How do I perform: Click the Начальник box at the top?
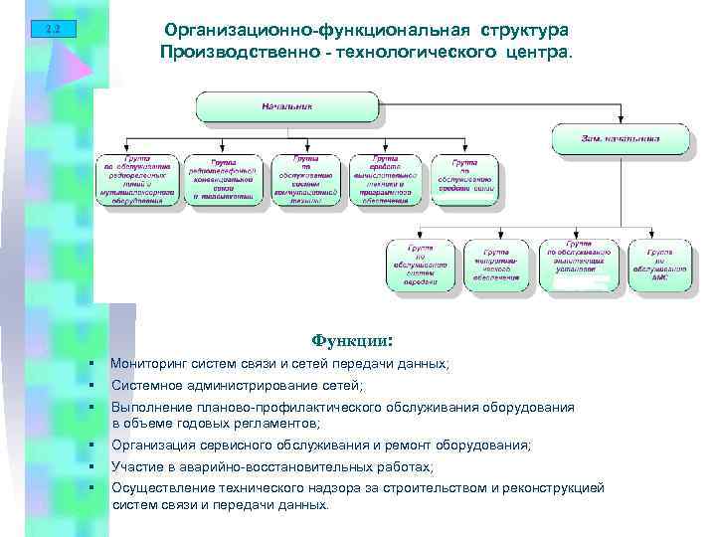point(287,105)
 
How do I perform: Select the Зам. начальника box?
point(620,138)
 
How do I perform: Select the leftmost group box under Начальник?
point(137,179)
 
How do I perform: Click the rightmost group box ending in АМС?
point(660,265)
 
